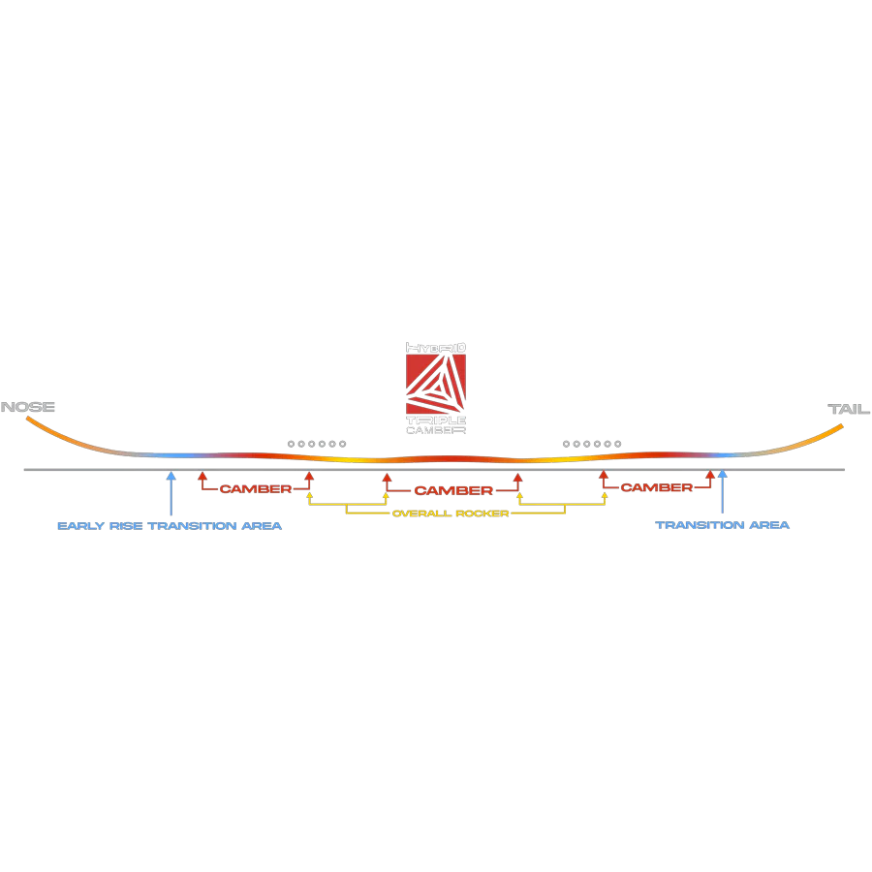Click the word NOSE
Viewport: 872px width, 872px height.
(28, 407)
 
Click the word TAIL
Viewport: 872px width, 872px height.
(849, 409)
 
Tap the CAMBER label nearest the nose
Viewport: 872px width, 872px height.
(255, 488)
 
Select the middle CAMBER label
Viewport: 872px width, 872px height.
(453, 491)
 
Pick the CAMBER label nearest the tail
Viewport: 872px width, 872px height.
(657, 488)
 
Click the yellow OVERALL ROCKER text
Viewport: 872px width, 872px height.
(451, 514)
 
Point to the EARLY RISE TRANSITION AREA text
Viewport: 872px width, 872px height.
(170, 526)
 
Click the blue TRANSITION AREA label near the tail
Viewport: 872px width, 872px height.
(723, 526)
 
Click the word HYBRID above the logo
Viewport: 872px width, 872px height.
(436, 347)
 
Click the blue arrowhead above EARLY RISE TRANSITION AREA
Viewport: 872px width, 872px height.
(171, 476)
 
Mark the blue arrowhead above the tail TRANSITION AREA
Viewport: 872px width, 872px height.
(723, 476)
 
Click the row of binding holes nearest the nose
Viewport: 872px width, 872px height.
(317, 443)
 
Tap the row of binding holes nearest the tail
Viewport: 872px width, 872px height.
(592, 443)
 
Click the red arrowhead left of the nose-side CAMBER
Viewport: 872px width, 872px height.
(202, 476)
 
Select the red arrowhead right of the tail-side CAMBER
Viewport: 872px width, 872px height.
(710, 476)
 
